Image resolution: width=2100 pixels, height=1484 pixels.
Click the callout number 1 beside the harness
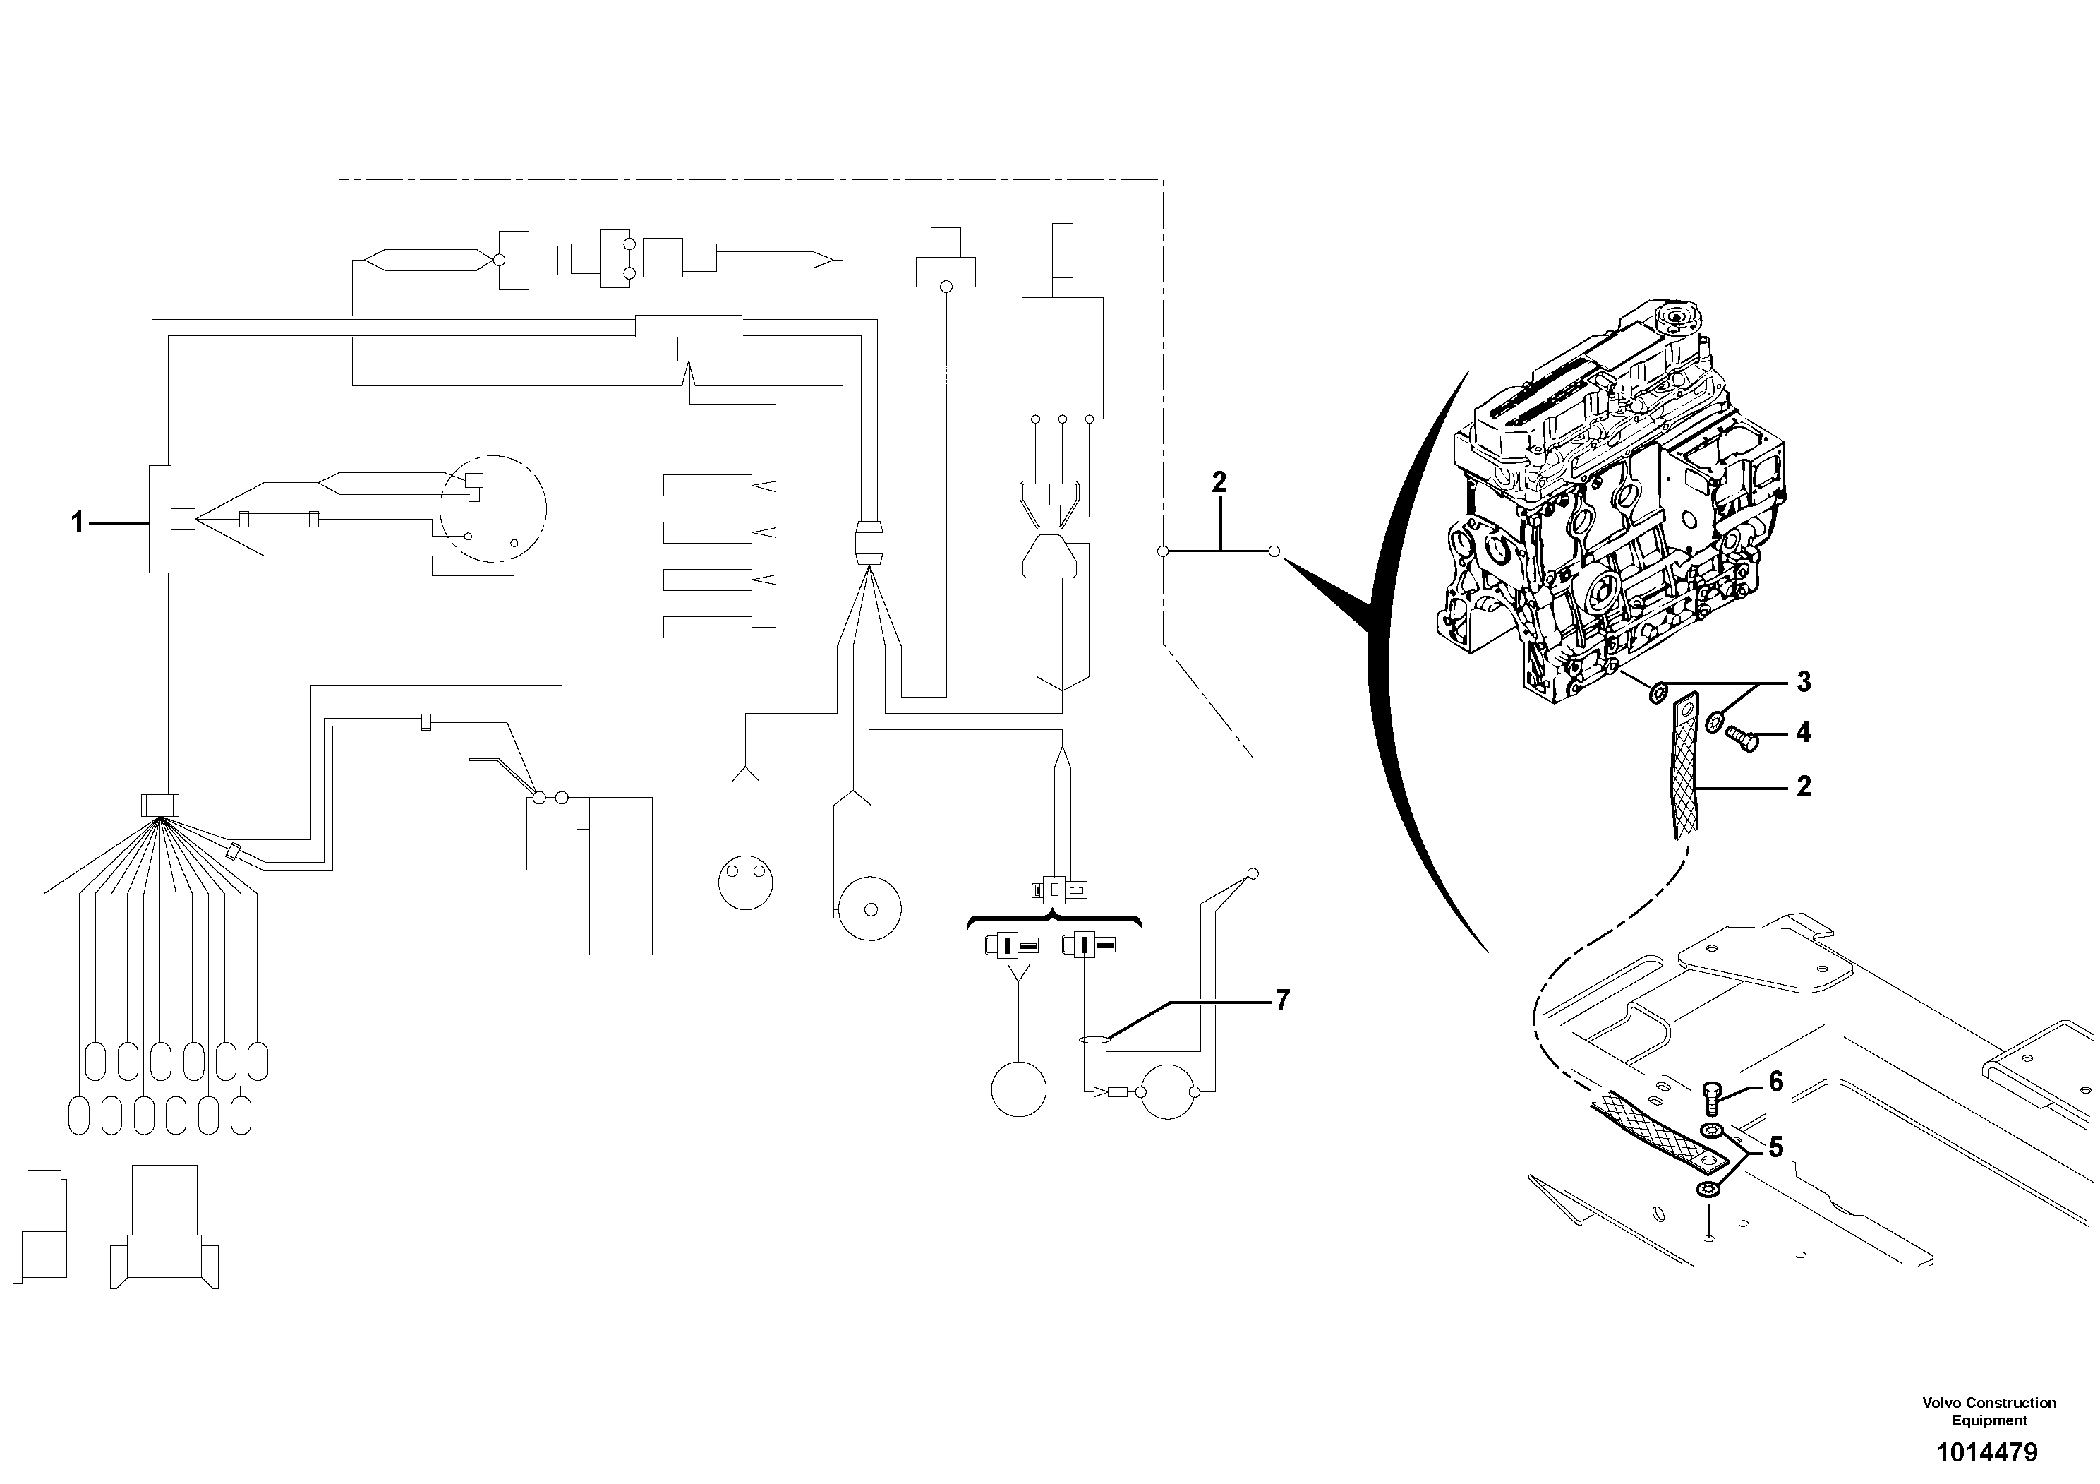click(78, 522)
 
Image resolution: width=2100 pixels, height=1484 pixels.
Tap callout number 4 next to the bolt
click(1803, 732)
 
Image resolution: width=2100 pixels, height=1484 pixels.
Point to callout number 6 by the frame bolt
click(1775, 1082)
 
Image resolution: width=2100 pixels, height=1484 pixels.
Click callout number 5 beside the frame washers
click(1775, 1147)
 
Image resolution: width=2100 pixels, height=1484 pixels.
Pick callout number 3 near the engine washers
click(1803, 681)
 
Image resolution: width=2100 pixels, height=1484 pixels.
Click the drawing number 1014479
click(1986, 1452)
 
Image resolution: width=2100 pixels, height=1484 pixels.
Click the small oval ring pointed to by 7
click(1094, 1039)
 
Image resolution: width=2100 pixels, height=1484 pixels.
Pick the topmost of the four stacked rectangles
click(707, 485)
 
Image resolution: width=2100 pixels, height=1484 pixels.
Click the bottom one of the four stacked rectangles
click(707, 627)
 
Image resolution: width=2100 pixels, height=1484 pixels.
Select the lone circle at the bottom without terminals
click(1018, 1089)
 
